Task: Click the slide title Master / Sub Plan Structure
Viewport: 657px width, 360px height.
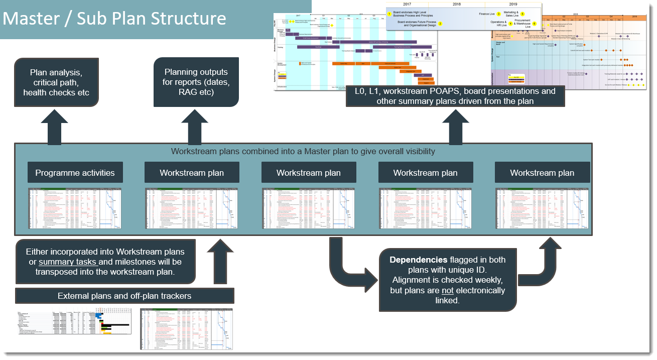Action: point(114,19)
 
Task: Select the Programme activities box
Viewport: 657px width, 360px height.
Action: point(75,173)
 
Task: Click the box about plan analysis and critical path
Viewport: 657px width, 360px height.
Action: point(56,83)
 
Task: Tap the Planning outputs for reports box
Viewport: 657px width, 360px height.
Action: point(196,82)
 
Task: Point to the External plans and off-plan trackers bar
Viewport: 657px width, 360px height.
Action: point(124,296)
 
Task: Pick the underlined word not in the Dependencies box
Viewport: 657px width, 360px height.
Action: point(448,290)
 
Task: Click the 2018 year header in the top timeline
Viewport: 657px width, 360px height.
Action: point(456,5)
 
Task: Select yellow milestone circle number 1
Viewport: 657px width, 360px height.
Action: point(389,14)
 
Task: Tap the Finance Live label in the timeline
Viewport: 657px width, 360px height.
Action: point(487,14)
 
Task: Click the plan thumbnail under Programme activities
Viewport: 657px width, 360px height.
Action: point(75,208)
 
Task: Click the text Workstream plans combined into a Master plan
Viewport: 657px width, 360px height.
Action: point(303,151)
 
